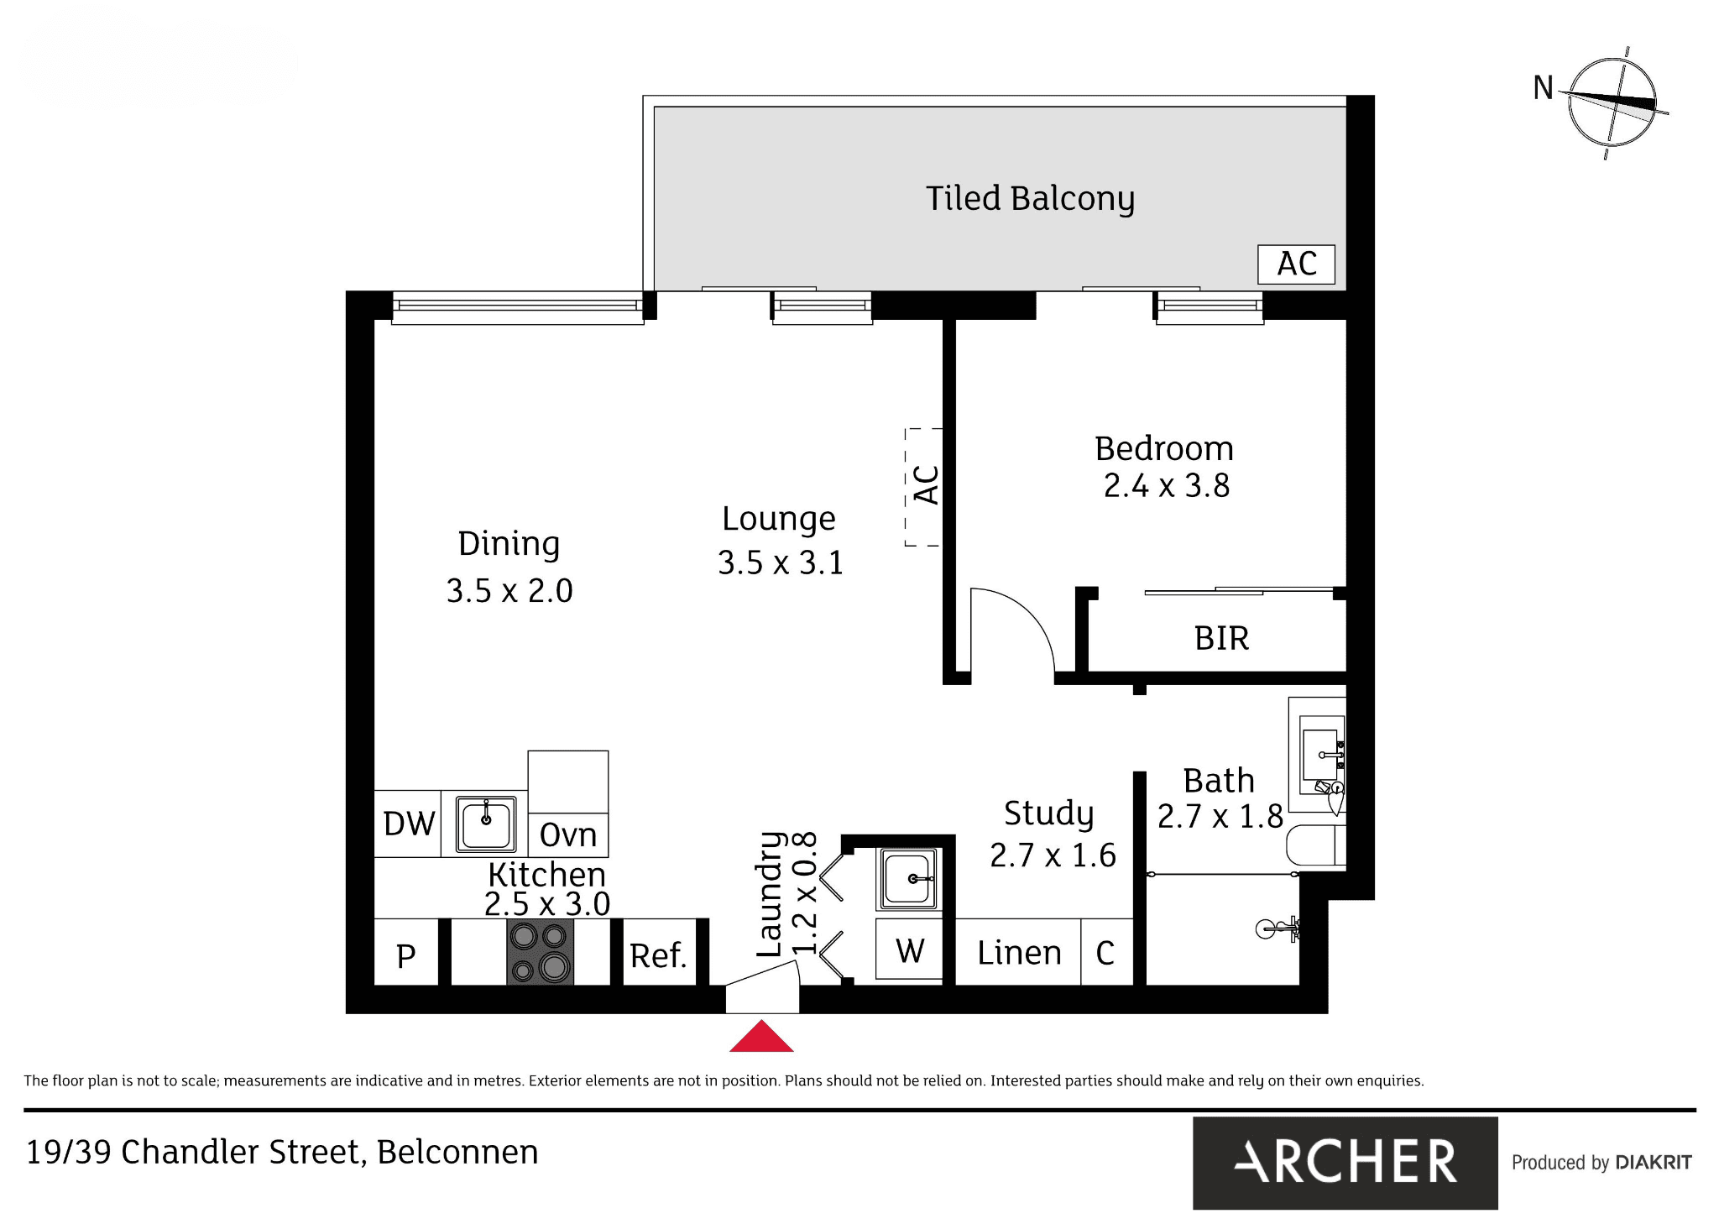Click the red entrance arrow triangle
coord(761,1037)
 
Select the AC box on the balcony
coord(1296,264)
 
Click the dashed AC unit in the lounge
coord(923,487)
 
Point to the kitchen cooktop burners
coord(541,952)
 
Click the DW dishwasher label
coord(409,824)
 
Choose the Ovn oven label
coord(568,834)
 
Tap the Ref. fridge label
coord(658,955)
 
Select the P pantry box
coord(406,952)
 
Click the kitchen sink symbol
coord(485,824)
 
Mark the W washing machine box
coord(909,949)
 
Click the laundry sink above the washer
coord(907,879)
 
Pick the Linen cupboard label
coord(1019,953)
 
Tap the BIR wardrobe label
coord(1221,639)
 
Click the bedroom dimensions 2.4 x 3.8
coord(1166,485)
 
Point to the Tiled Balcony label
coord(1030,199)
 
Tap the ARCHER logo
coord(1345,1163)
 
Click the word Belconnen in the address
coord(457,1152)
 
